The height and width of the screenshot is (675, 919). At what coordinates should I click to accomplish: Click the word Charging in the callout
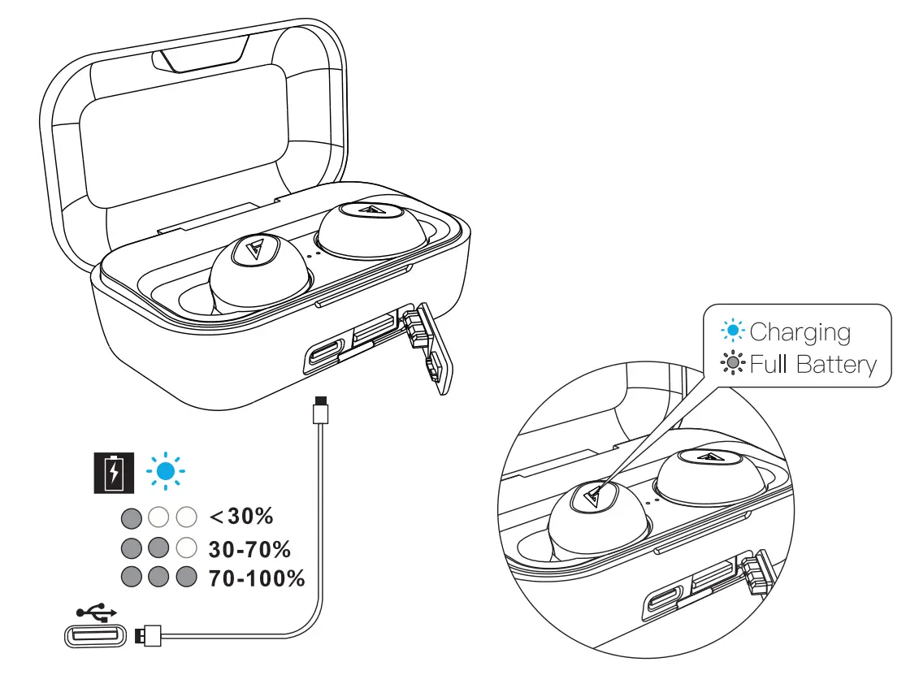click(800, 332)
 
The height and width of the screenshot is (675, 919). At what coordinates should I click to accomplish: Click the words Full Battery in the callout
click(813, 364)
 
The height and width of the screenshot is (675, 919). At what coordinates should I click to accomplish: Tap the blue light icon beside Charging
click(733, 331)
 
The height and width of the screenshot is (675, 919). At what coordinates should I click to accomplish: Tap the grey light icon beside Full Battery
click(733, 364)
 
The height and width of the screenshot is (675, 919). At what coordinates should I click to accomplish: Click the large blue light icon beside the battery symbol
click(165, 471)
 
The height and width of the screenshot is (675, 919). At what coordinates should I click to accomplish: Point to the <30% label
click(241, 516)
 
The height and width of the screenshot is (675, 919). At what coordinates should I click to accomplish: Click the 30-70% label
click(249, 549)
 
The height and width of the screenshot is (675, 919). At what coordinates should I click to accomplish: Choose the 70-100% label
click(256, 578)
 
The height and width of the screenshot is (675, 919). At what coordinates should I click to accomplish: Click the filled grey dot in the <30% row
click(130, 517)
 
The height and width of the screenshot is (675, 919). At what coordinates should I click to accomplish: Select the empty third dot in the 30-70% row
click(187, 547)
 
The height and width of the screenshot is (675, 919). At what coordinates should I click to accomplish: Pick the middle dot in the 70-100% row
click(158, 578)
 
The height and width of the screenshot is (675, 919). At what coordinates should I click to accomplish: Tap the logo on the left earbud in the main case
click(249, 250)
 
